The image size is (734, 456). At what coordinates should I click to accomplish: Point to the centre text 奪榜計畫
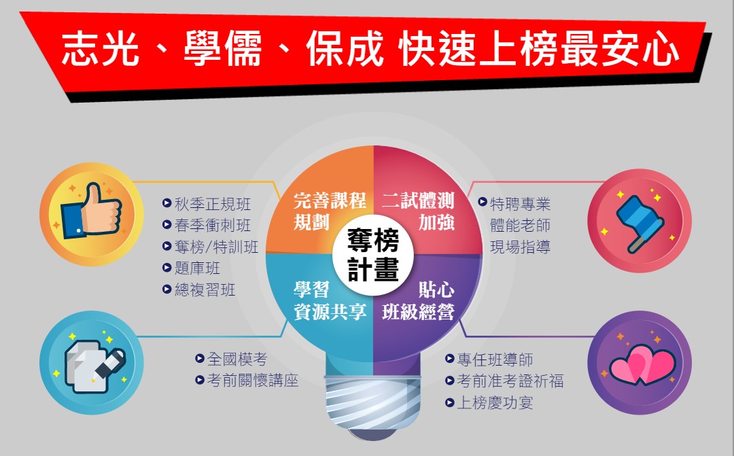tap(373, 255)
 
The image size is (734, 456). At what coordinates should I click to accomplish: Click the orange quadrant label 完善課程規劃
tap(330, 211)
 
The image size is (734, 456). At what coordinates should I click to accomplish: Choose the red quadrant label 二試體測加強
tap(418, 211)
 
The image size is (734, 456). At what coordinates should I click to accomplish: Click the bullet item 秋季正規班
tap(207, 204)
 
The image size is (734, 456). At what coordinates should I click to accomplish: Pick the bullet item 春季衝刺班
tap(207, 225)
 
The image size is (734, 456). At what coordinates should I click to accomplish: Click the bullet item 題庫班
tap(191, 268)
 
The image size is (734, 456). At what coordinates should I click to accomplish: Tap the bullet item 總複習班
tap(198, 290)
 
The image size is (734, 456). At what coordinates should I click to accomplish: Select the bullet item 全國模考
tap(231, 359)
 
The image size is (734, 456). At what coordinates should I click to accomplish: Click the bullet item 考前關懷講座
tap(247, 380)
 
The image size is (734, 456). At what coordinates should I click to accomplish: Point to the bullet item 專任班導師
tap(489, 359)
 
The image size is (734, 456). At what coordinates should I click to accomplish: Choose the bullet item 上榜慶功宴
tap(489, 402)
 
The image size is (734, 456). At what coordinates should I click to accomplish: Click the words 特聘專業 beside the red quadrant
tap(520, 204)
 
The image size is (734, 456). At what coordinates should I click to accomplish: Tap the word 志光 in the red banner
tap(101, 49)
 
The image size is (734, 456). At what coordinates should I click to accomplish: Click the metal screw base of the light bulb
tap(373, 402)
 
